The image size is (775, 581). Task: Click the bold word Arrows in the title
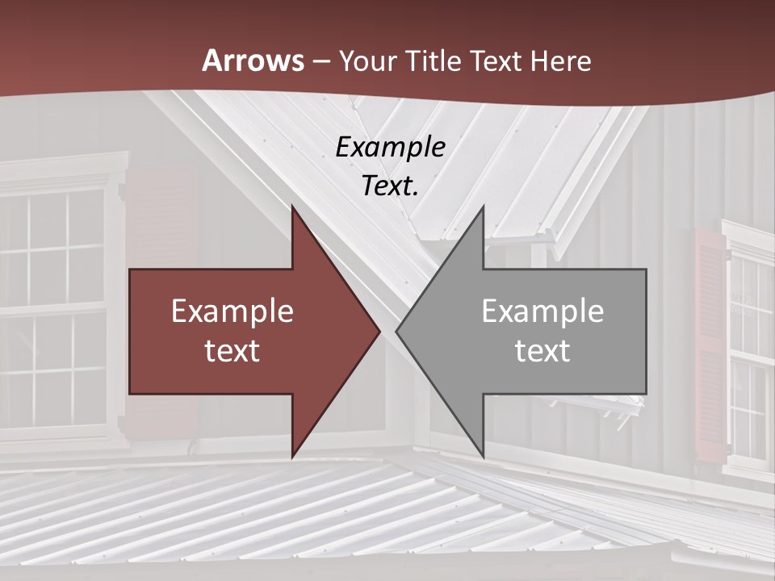[253, 61]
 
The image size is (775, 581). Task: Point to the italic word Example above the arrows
[390, 147]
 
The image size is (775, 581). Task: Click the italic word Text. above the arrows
[390, 186]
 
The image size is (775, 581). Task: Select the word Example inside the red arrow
[232, 311]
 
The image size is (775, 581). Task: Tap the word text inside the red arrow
[232, 351]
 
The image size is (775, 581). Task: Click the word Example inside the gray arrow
[542, 311]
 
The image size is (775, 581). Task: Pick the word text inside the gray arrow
[542, 351]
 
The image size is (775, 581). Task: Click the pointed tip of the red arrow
[379, 332]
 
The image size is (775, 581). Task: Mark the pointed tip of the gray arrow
[396, 332]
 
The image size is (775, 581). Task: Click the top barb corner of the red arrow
[292, 207]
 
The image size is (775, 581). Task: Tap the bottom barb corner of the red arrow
[292, 456]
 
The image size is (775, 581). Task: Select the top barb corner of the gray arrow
[483, 207]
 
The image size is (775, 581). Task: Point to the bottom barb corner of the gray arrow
[483, 456]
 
